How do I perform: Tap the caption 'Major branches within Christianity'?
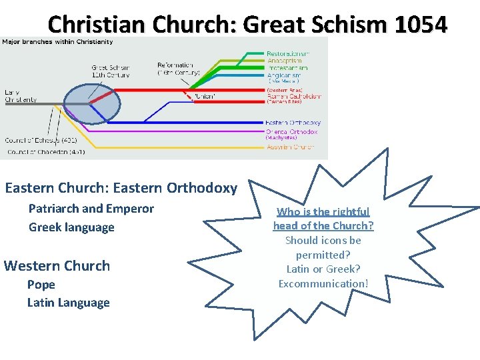click(x=57, y=42)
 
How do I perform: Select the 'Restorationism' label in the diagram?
click(x=287, y=53)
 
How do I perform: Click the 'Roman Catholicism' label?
click(x=293, y=96)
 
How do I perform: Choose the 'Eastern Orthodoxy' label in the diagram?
click(x=293, y=123)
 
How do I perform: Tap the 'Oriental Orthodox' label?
click(x=291, y=131)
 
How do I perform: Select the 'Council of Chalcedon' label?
click(x=45, y=152)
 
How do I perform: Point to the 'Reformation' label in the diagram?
click(x=175, y=65)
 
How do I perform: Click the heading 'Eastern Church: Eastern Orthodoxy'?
click(x=121, y=188)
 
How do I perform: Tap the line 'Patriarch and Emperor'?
click(x=91, y=209)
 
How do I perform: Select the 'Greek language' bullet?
click(x=71, y=227)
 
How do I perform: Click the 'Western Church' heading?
click(x=57, y=266)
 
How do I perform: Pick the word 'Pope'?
click(x=41, y=285)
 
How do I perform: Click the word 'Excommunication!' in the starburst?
click(x=323, y=284)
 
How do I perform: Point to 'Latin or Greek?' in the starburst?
click(x=323, y=269)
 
